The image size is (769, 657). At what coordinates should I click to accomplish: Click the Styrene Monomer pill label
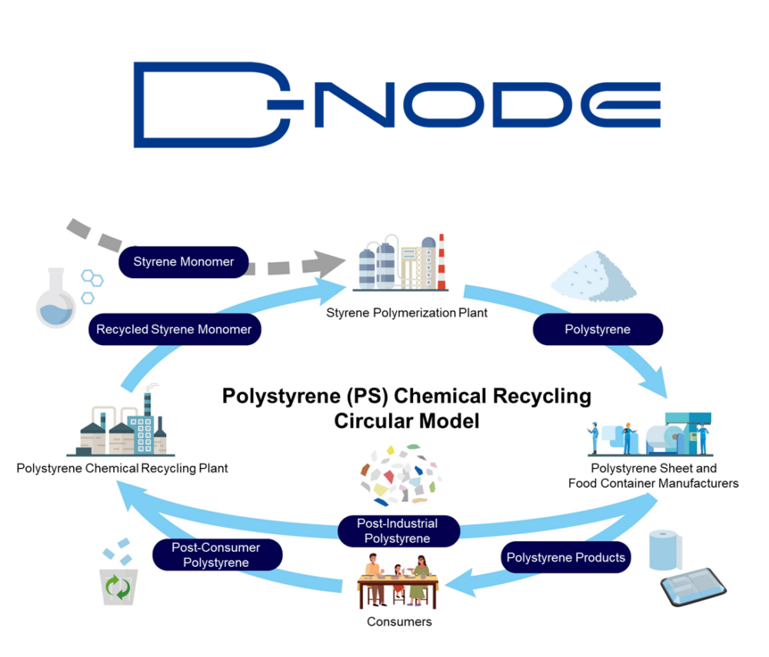tap(184, 261)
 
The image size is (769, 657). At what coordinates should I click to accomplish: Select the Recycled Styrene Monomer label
tap(174, 330)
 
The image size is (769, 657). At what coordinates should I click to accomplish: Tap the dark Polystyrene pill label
tap(598, 329)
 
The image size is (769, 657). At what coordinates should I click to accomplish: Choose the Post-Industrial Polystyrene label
tap(398, 531)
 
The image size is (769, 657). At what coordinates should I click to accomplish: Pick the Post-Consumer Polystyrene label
tap(216, 555)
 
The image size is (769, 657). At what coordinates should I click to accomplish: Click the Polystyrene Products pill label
tap(566, 557)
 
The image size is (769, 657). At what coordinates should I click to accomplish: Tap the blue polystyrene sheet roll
tap(665, 549)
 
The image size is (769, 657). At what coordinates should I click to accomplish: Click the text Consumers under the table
tap(400, 621)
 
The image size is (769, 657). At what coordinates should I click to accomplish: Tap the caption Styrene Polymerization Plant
tap(407, 313)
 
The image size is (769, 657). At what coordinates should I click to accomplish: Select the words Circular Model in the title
tap(407, 420)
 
